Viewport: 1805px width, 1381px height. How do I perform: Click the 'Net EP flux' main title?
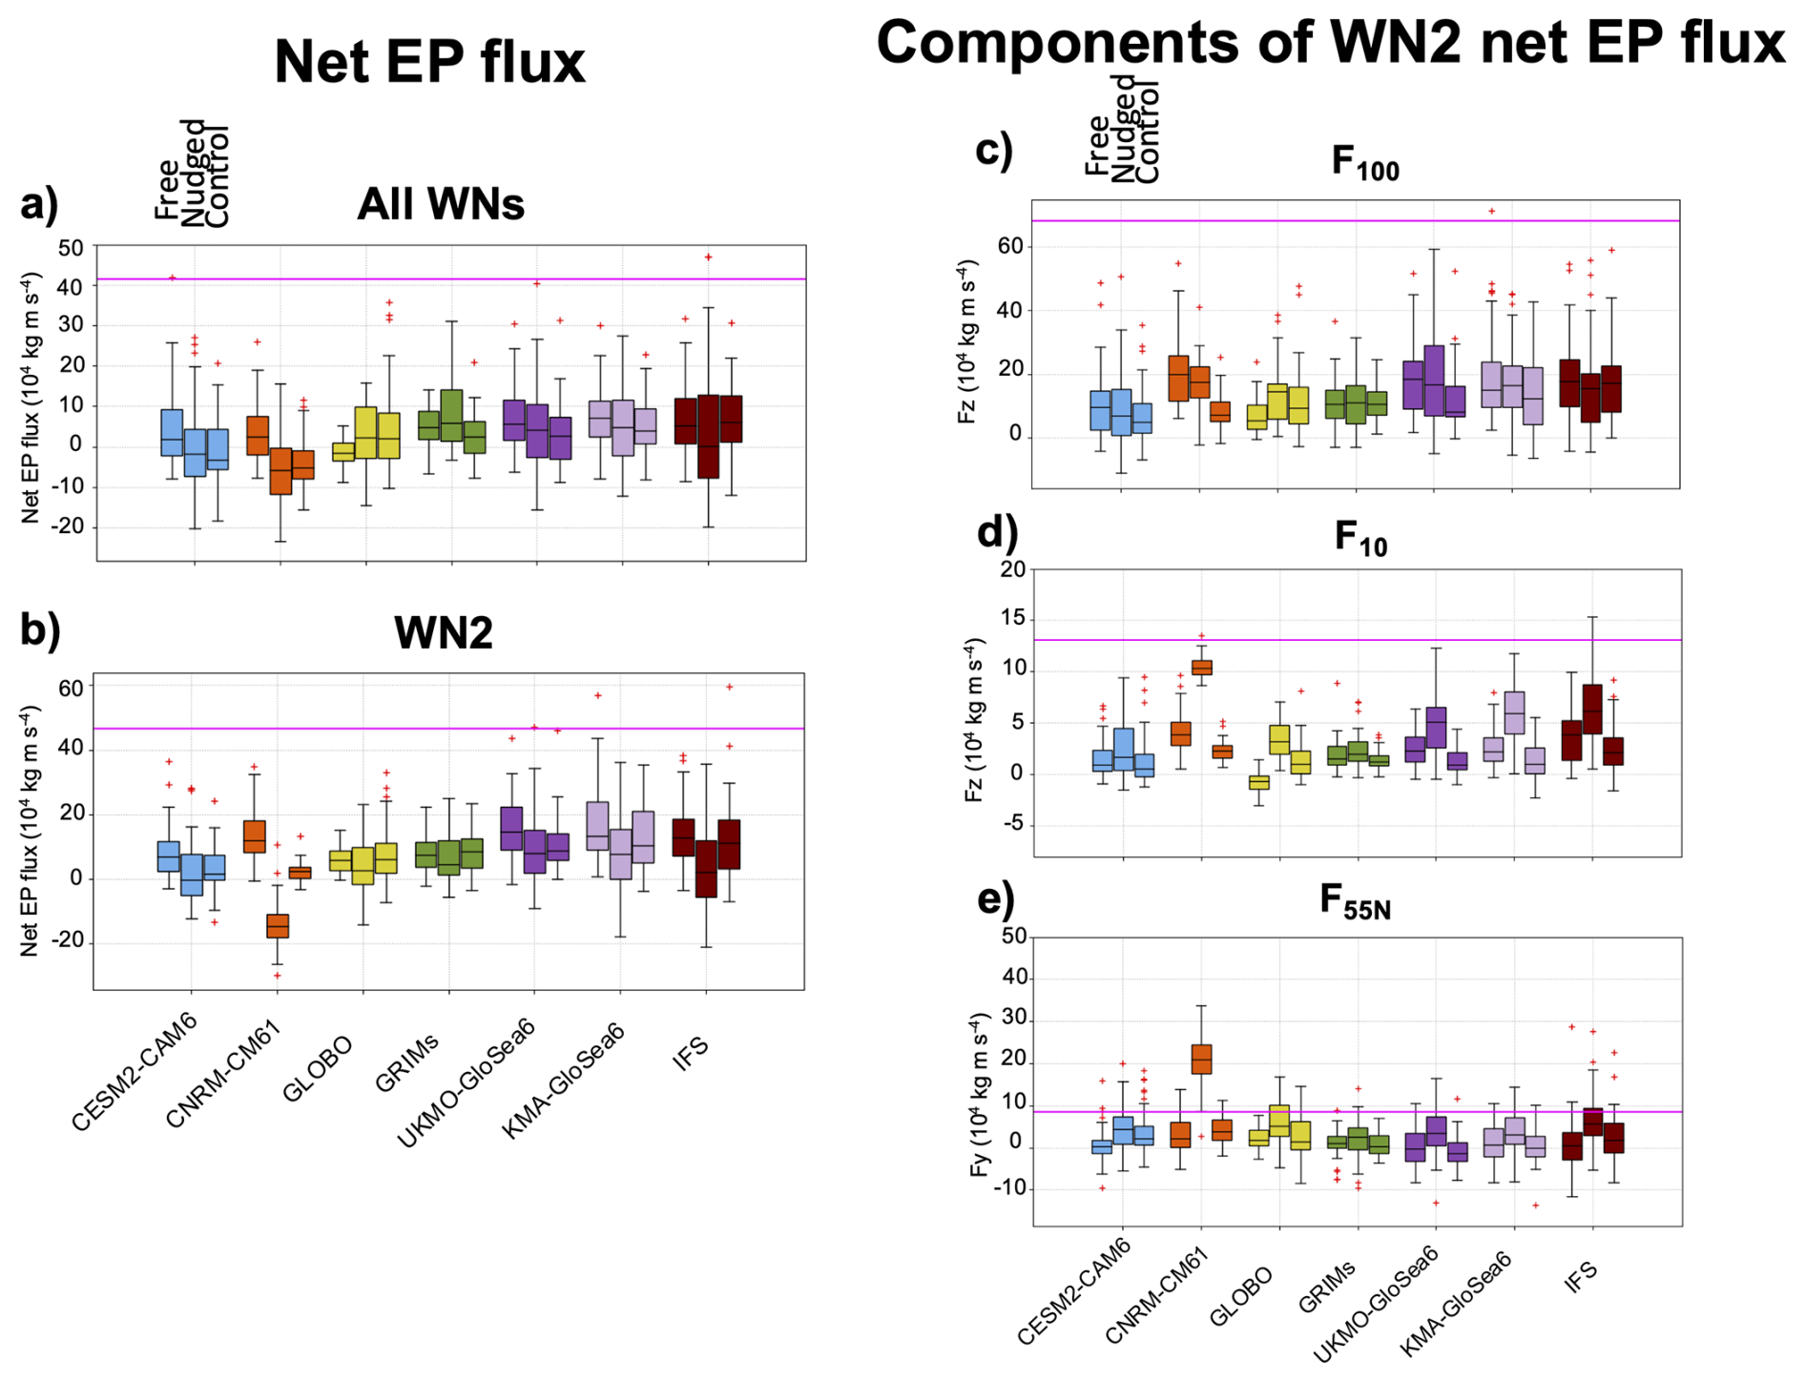click(x=429, y=63)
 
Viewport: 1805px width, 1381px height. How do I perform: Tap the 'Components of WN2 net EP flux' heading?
click(x=1330, y=44)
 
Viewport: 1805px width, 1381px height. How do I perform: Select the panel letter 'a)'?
click(x=39, y=205)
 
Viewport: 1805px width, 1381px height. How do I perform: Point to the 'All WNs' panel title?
click(x=441, y=205)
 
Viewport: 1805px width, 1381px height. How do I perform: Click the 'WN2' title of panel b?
click(x=443, y=633)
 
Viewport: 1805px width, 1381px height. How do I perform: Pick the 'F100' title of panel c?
click(x=1364, y=163)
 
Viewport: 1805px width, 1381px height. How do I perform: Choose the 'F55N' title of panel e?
click(x=1355, y=901)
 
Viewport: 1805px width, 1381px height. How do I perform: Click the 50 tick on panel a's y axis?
click(x=71, y=247)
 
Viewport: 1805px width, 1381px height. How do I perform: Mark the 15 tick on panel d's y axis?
click(x=1011, y=619)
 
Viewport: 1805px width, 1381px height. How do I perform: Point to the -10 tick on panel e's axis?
click(x=1008, y=1188)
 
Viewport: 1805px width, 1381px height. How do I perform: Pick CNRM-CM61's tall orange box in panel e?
click(x=1201, y=1059)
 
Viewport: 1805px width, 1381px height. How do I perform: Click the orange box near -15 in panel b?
click(x=278, y=925)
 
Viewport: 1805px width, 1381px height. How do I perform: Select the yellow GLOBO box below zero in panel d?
click(x=1259, y=782)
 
